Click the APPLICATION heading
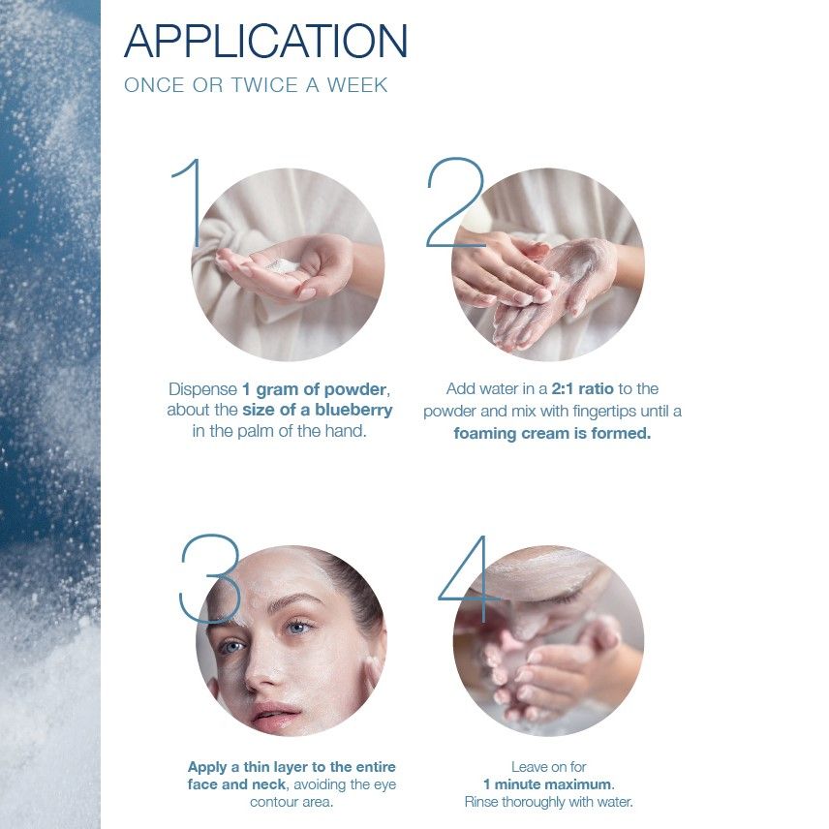pyautogui.click(x=266, y=41)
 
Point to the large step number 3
pyautogui.click(x=210, y=578)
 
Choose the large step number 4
pyautogui.click(x=470, y=578)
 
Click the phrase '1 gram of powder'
pyautogui.click(x=315, y=388)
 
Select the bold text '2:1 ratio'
pyautogui.click(x=575, y=388)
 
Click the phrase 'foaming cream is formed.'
pyautogui.click(x=552, y=433)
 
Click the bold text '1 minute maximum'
pyautogui.click(x=548, y=784)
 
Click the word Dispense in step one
pyautogui.click(x=202, y=388)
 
